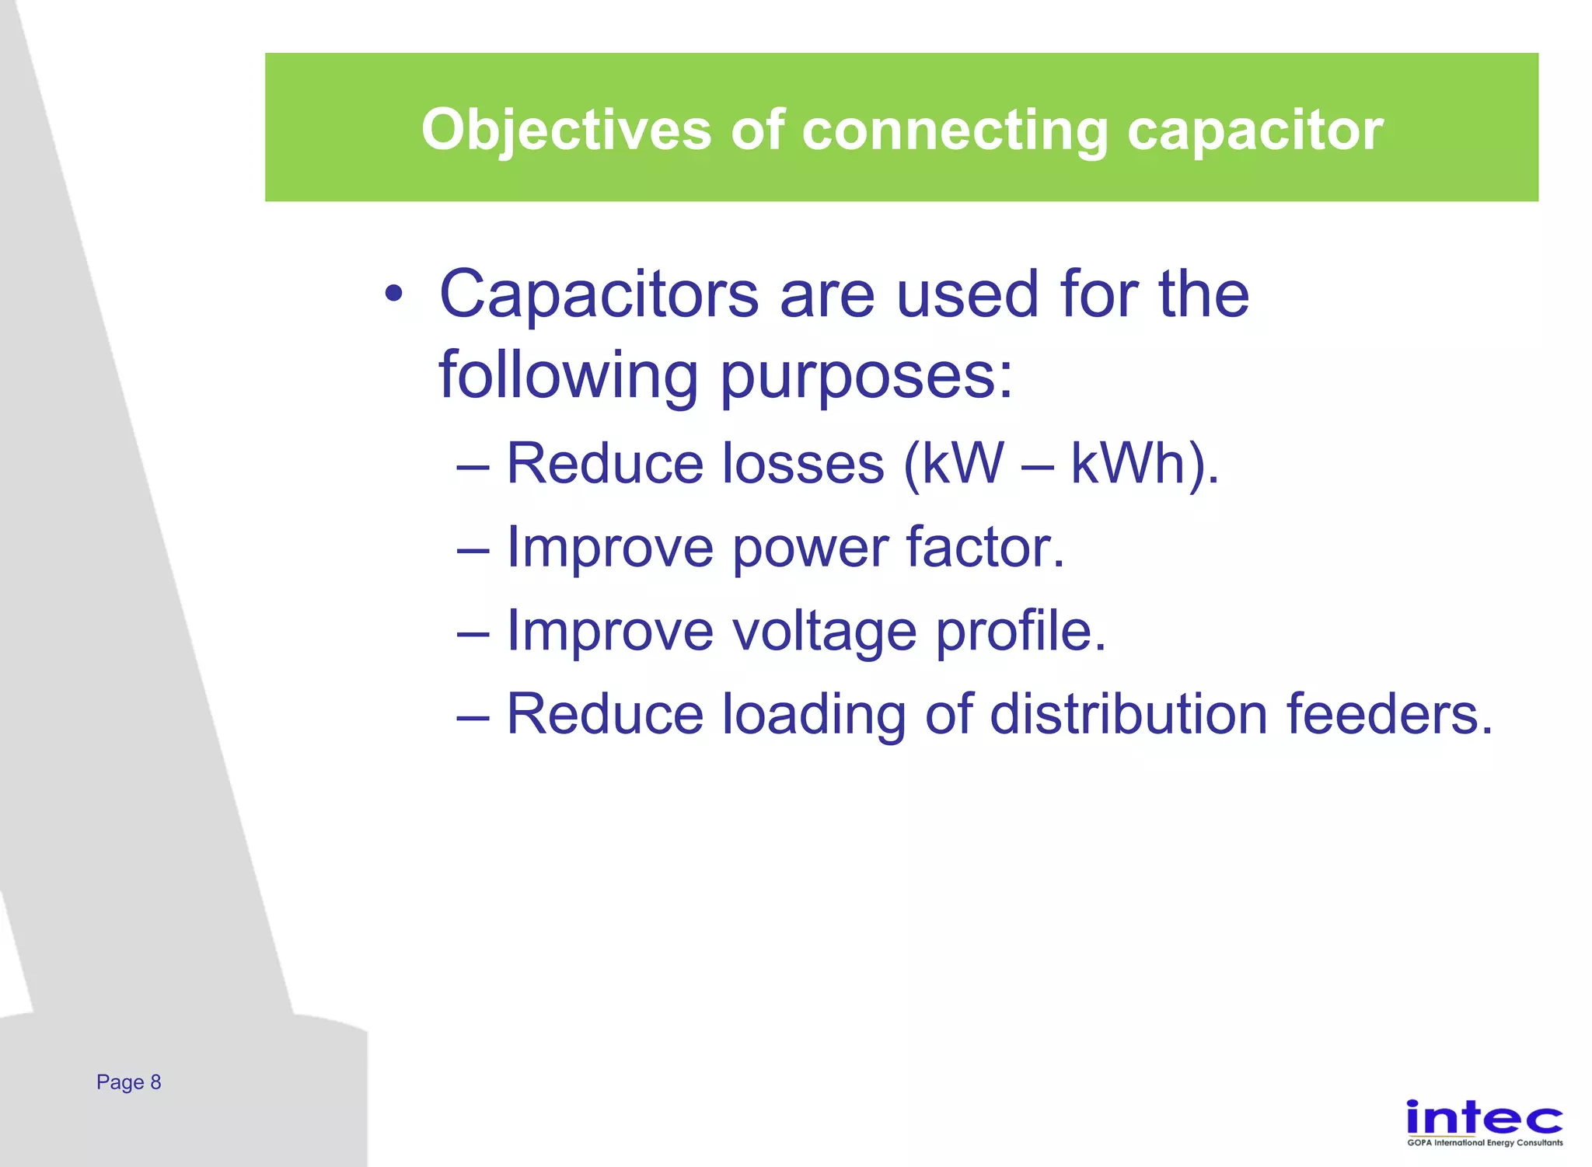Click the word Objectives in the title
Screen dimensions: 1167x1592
(x=566, y=130)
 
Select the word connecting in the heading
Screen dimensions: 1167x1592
(x=955, y=130)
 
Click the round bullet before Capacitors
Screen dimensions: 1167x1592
(x=394, y=294)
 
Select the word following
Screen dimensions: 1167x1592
(x=568, y=376)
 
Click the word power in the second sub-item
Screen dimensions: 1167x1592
(x=810, y=549)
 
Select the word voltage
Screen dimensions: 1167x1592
(x=825, y=631)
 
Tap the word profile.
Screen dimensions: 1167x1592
(x=1021, y=631)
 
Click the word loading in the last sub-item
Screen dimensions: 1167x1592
(x=814, y=715)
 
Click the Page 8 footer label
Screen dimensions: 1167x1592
(x=128, y=1082)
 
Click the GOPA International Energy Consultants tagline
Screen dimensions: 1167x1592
(x=1485, y=1143)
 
